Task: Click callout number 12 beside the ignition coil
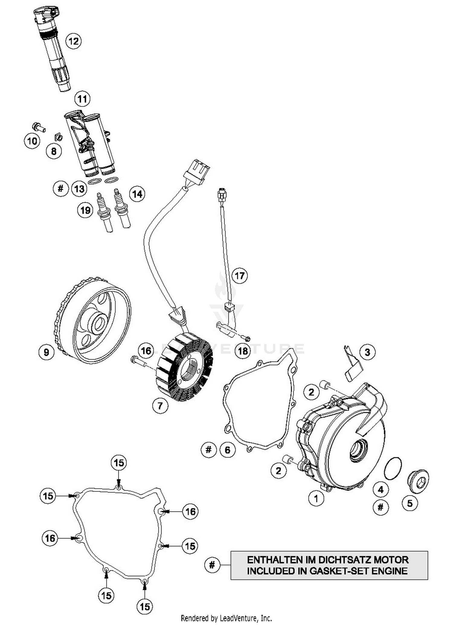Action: point(73,41)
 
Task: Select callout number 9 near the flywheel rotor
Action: point(46,352)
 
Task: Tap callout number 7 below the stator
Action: point(160,406)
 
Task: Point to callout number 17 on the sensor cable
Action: point(239,275)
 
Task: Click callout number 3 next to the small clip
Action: point(367,352)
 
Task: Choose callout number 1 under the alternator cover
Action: point(316,498)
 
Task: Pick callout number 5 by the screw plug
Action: point(410,503)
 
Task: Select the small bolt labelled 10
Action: point(39,127)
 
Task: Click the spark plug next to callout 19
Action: point(104,213)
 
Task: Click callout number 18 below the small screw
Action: point(243,351)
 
